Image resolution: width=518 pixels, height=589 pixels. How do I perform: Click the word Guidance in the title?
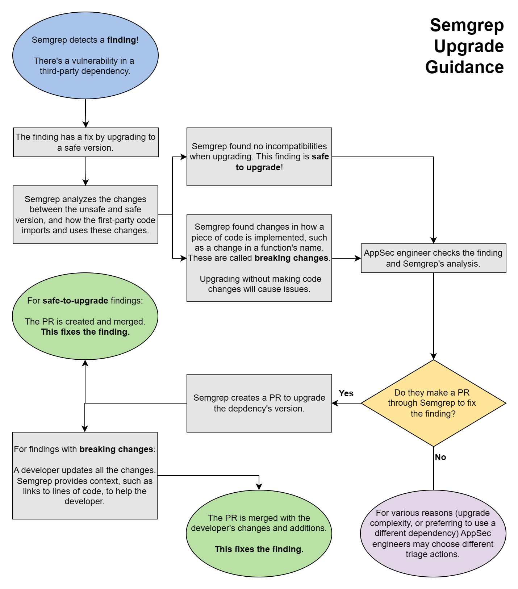[x=464, y=67]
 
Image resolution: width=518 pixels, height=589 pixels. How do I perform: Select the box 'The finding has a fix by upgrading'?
[x=86, y=142]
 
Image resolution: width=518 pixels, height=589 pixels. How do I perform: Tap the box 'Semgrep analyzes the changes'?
[x=85, y=215]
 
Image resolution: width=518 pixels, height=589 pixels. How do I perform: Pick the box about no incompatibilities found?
[x=259, y=157]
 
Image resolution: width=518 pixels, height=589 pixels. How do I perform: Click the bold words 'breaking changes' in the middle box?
[x=291, y=258]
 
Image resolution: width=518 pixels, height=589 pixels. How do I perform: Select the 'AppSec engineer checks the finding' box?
[x=433, y=258]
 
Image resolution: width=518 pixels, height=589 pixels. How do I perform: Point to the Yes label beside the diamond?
[x=346, y=393]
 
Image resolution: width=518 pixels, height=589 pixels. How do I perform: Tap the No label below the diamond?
[x=440, y=457]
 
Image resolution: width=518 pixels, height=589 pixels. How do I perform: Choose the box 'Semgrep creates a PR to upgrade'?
[x=259, y=403]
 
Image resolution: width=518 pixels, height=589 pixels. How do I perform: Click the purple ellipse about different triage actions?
[x=433, y=534]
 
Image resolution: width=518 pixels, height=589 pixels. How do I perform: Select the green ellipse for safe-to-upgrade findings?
[x=85, y=316]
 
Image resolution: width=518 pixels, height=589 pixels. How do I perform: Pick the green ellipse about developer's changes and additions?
[x=259, y=534]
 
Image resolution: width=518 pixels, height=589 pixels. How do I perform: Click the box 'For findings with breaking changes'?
[x=85, y=475]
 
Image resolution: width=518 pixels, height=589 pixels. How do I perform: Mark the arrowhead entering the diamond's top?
[x=434, y=356]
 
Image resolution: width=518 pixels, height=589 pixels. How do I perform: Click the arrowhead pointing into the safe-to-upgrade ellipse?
[x=85, y=363]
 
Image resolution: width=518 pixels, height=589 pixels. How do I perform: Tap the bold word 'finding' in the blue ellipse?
[x=121, y=40]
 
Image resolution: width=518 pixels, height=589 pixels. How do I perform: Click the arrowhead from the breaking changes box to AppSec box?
[x=358, y=258]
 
